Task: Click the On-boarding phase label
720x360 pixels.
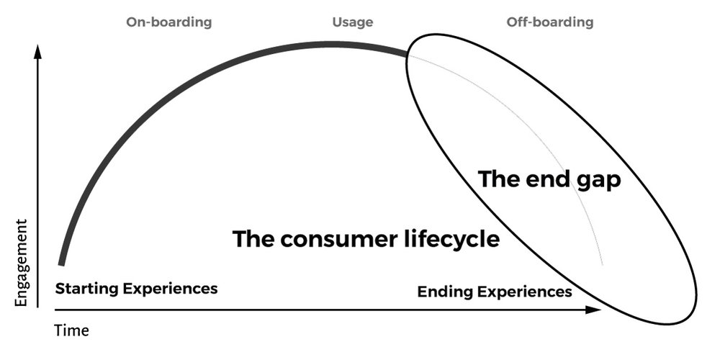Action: click(169, 22)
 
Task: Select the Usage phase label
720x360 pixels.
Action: click(352, 22)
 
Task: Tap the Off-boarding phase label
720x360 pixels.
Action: click(550, 22)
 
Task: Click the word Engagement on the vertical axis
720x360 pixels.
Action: click(22, 263)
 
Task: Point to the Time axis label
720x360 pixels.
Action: click(72, 331)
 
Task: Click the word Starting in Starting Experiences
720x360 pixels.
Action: click(86, 289)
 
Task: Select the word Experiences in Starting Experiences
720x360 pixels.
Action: click(170, 289)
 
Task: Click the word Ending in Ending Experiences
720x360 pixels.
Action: click(441, 292)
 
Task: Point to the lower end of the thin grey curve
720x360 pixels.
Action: click(602, 264)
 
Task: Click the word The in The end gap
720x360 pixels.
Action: click(499, 179)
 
